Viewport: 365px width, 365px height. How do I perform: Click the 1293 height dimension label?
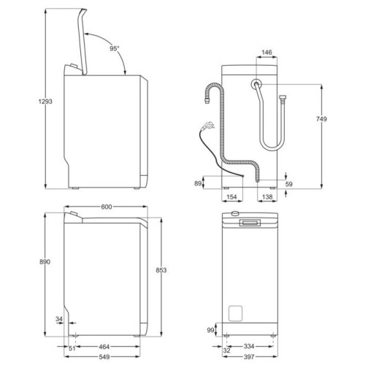(x=45, y=101)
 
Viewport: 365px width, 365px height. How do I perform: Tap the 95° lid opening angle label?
(x=115, y=49)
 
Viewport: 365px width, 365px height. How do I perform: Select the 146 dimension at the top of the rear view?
(x=266, y=53)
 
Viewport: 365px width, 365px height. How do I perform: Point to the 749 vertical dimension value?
(x=321, y=119)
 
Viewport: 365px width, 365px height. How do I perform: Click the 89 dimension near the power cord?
(x=198, y=183)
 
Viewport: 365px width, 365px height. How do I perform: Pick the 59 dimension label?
(x=288, y=184)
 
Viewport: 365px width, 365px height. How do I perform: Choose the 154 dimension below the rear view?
(x=231, y=197)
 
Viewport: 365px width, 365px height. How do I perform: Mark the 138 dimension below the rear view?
(x=267, y=197)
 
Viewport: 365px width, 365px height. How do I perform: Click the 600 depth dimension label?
(x=107, y=207)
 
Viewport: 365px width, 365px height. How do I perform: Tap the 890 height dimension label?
(x=45, y=262)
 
